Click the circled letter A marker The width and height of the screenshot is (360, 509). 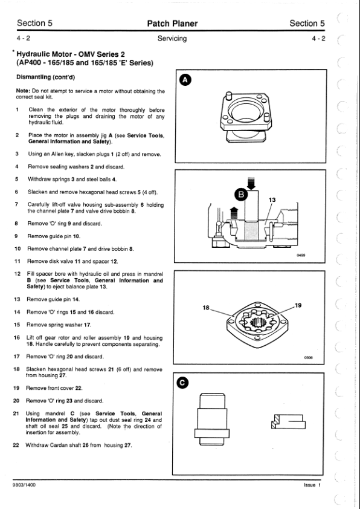(185, 80)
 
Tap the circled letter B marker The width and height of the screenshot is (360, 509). (240, 195)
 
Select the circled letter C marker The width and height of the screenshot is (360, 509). (182, 383)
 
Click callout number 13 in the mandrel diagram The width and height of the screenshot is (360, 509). (272, 200)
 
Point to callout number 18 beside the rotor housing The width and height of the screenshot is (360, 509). (206, 308)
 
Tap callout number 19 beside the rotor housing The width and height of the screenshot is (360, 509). (298, 305)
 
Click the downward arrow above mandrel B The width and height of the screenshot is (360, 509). (251, 183)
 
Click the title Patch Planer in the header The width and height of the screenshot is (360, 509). (172, 24)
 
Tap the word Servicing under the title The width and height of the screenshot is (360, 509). (172, 38)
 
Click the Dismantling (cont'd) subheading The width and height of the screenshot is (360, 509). (45, 77)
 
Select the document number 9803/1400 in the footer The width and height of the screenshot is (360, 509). (24, 485)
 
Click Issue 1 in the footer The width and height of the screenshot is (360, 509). (312, 485)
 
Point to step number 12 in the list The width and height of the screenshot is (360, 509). (18, 274)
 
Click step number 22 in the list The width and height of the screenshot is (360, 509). (16, 445)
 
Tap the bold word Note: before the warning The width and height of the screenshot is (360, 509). (23, 91)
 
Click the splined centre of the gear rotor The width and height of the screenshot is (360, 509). (258, 323)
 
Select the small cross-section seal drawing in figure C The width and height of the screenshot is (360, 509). (288, 422)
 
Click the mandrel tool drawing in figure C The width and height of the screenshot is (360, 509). (212, 419)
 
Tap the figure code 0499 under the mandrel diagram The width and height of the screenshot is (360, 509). (301, 255)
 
